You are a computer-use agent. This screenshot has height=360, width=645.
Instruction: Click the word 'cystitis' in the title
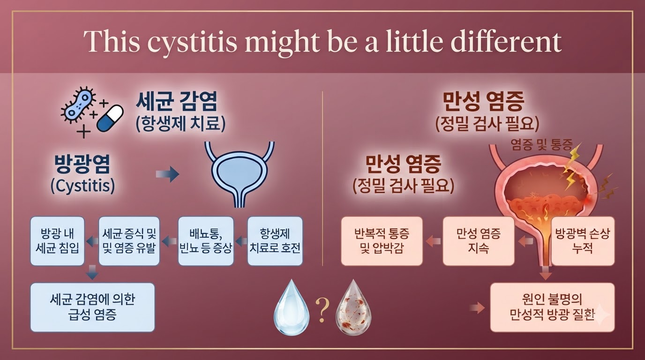(192, 42)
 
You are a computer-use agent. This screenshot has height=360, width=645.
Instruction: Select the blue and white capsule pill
(110, 119)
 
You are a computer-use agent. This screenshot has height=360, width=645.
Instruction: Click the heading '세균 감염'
(176, 101)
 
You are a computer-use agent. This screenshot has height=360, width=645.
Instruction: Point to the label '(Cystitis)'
(82, 186)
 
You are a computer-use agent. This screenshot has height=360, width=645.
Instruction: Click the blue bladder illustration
(240, 174)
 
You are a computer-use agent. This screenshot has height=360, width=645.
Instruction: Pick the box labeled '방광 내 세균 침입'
(57, 241)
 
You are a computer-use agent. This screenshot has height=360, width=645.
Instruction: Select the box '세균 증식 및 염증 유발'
(129, 241)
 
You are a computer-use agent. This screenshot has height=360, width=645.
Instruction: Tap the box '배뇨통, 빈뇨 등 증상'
(206, 241)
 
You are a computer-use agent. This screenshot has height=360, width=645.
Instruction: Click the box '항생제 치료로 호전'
(275, 241)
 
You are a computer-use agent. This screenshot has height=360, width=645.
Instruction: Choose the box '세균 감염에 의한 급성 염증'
(92, 307)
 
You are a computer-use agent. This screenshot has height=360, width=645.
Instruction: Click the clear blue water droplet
(292, 307)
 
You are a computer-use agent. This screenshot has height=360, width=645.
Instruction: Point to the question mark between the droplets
(322, 310)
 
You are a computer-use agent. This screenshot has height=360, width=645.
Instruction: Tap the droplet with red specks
(353, 307)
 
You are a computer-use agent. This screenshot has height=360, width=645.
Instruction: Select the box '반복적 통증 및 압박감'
(382, 241)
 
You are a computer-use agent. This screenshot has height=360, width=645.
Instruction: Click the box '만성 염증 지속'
(478, 241)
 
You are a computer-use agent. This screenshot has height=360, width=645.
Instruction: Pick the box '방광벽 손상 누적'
(583, 241)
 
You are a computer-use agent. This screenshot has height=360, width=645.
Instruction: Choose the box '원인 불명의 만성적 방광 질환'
(552, 307)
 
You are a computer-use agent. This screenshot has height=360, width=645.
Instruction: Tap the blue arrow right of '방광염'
(168, 174)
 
